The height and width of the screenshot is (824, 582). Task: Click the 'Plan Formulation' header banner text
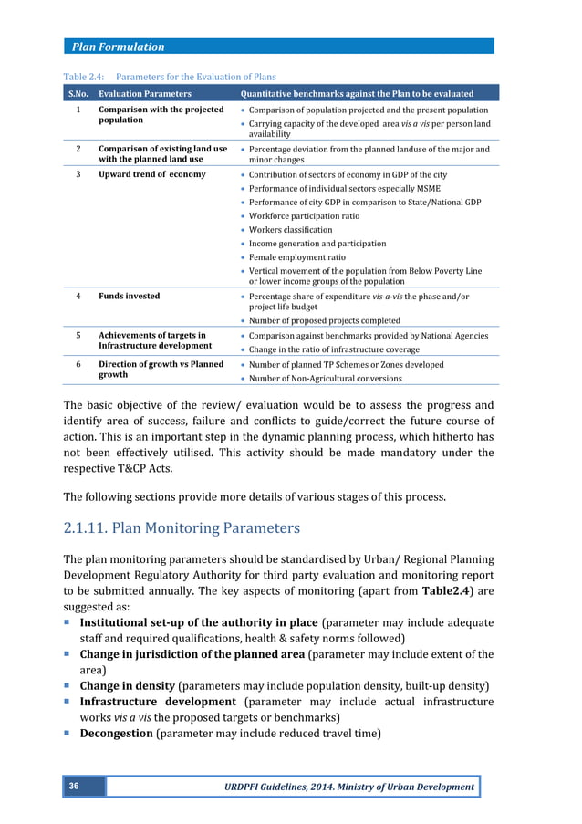click(x=120, y=47)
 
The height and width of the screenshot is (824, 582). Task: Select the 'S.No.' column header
click(x=78, y=93)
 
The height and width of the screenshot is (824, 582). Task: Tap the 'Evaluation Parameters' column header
click(x=145, y=93)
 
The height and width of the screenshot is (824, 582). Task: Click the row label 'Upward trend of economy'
click(x=151, y=174)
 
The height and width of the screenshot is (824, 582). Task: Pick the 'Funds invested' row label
click(x=129, y=296)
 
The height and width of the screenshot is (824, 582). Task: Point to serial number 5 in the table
click(x=78, y=335)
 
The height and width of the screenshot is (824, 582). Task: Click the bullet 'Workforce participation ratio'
click(x=304, y=216)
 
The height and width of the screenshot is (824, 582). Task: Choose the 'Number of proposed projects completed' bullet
click(x=324, y=320)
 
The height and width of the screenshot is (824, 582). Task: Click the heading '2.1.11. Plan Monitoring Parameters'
click(x=182, y=527)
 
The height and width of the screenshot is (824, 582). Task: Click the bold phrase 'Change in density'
click(x=127, y=685)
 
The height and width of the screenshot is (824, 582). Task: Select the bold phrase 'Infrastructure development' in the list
click(x=157, y=702)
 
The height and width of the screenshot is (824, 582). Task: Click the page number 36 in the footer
click(x=73, y=786)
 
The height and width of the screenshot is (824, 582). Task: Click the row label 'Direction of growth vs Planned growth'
click(x=161, y=370)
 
